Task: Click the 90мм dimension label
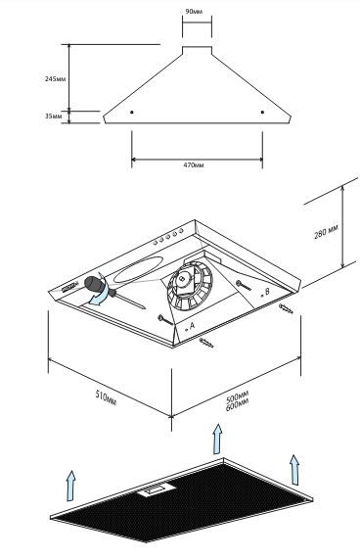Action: pyautogui.click(x=194, y=12)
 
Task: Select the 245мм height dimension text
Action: pyautogui.click(x=55, y=78)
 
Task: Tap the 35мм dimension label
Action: pyautogui.click(x=54, y=116)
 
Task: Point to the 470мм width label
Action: pyautogui.click(x=194, y=165)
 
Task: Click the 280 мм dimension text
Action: pyautogui.click(x=326, y=232)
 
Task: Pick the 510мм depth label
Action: pyautogui.click(x=106, y=397)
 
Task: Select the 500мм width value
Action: pyautogui.click(x=238, y=396)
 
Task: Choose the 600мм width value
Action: pyautogui.click(x=238, y=404)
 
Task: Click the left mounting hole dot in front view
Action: pyautogui.click(x=132, y=113)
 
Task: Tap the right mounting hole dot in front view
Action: pyautogui.click(x=262, y=113)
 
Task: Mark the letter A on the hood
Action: pyautogui.click(x=192, y=325)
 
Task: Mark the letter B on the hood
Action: pyautogui.click(x=267, y=291)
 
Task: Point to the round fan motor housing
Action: pyautogui.click(x=190, y=284)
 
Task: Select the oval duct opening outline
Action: pyautogui.click(x=139, y=269)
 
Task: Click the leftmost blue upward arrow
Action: pyautogui.click(x=71, y=486)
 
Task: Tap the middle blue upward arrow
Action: pyautogui.click(x=218, y=439)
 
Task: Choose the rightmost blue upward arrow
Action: pyautogui.click(x=294, y=469)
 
